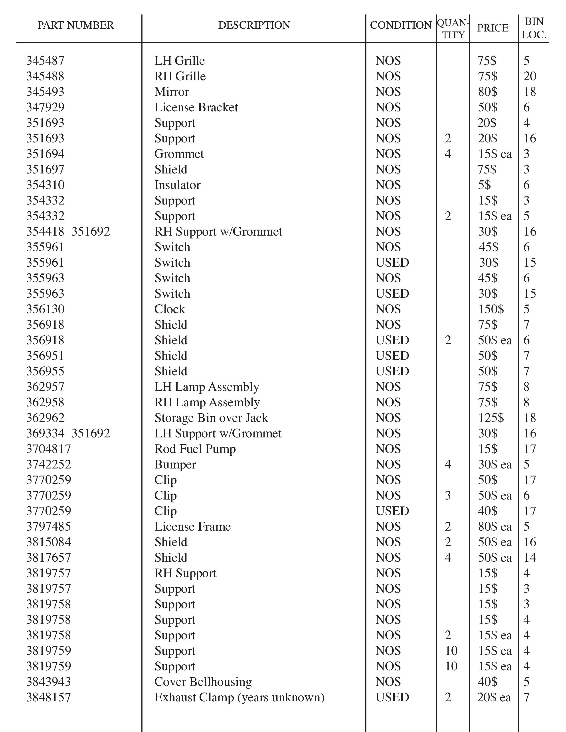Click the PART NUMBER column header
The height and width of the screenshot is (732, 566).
click(x=75, y=25)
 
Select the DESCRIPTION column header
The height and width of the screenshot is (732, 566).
click(x=254, y=25)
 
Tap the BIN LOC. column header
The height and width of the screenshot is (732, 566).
click(x=534, y=28)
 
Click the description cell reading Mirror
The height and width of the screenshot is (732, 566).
click(x=172, y=92)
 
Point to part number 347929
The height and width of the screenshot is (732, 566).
click(x=45, y=107)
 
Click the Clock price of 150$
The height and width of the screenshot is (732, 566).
click(x=491, y=309)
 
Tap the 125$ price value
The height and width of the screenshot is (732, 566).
click(x=491, y=418)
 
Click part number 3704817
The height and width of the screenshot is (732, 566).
click(x=49, y=449)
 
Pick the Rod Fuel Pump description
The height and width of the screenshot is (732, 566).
click(x=195, y=449)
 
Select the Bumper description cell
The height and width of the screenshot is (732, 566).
click(x=175, y=464)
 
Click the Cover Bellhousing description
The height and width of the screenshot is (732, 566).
click(x=203, y=682)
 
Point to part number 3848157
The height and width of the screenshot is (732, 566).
click(x=49, y=697)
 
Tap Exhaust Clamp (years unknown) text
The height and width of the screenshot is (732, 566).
click(x=239, y=697)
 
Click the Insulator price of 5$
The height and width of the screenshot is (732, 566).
click(x=484, y=185)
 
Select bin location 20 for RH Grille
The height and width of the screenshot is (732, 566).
click(x=530, y=77)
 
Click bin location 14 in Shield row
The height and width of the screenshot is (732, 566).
click(x=530, y=557)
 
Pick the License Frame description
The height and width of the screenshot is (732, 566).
click(x=192, y=527)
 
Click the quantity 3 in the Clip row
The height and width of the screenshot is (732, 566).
click(x=448, y=495)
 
